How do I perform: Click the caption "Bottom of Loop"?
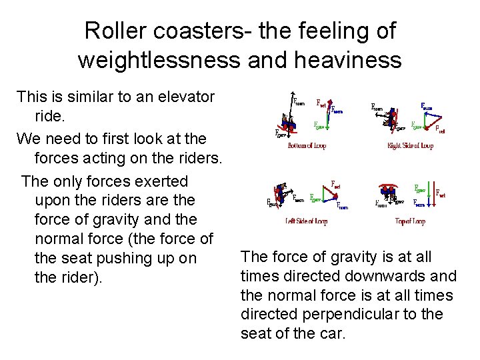tap(307, 146)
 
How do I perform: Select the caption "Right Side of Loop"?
tap(410, 146)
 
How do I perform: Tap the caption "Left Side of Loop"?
tap(307, 221)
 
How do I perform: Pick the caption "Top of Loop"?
tap(410, 221)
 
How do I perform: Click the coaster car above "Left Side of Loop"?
tap(281, 193)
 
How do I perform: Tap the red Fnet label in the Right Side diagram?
tap(440, 130)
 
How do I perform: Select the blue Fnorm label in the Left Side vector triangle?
tap(342, 207)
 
